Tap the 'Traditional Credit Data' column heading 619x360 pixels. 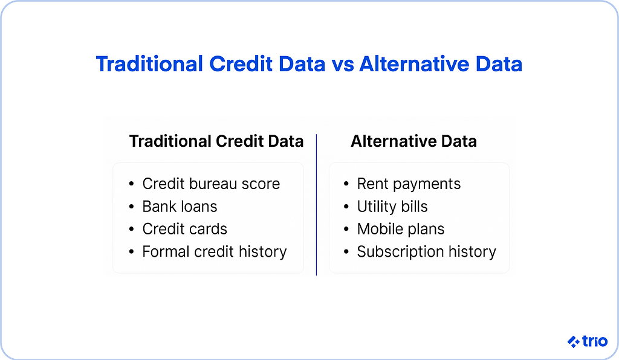pyautogui.click(x=216, y=141)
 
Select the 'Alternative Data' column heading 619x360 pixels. pyautogui.click(x=413, y=141)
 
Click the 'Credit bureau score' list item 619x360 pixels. pyautogui.click(x=211, y=184)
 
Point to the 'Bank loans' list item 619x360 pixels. pyautogui.click(x=180, y=207)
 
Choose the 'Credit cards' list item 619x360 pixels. pyautogui.click(x=184, y=229)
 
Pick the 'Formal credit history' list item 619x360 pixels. pyautogui.click(x=214, y=251)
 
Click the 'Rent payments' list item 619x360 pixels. pyautogui.click(x=409, y=184)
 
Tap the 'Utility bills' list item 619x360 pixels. pyautogui.click(x=392, y=207)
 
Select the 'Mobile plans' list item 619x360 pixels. pyautogui.click(x=400, y=229)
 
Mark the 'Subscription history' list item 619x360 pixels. pyautogui.click(x=426, y=251)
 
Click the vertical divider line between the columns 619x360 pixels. pyautogui.click(x=316, y=205)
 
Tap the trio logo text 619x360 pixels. pyautogui.click(x=595, y=341)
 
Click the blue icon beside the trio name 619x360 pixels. pyautogui.click(x=574, y=342)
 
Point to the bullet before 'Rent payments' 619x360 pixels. pyautogui.click(x=346, y=184)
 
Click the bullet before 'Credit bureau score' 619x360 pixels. pyautogui.click(x=131, y=184)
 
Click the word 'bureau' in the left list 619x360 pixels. pyautogui.click(x=214, y=184)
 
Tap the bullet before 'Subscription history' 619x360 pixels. pyautogui.click(x=346, y=252)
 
